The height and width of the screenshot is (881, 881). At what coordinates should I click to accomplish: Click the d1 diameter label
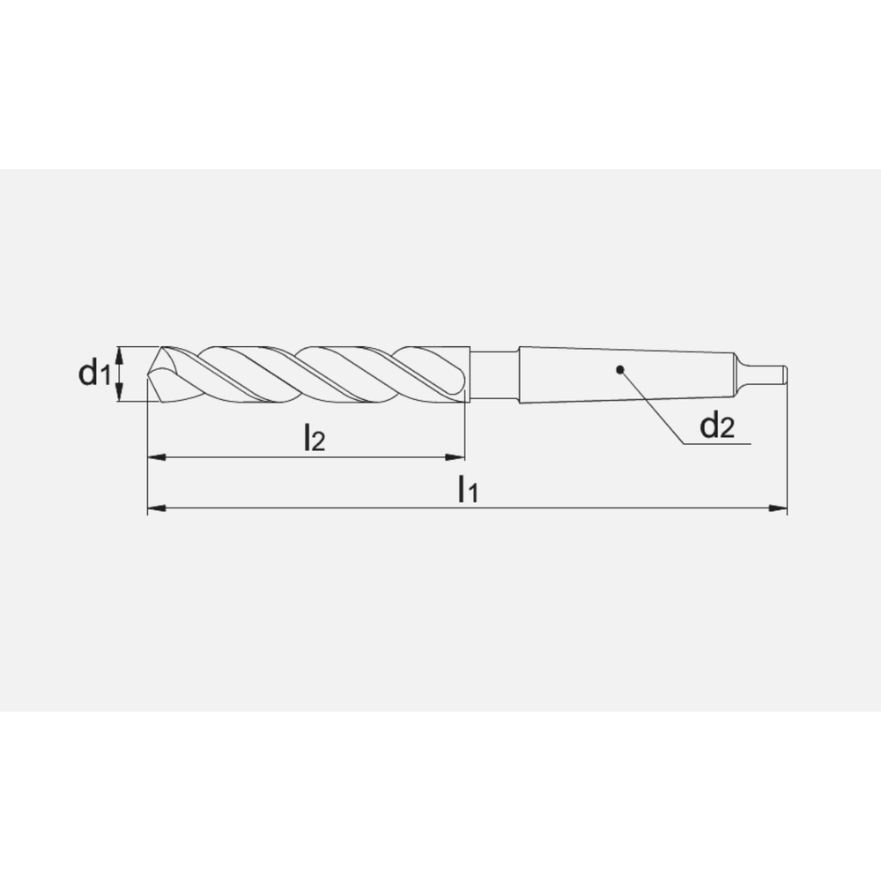(x=93, y=374)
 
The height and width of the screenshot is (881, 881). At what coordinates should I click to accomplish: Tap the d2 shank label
(x=716, y=427)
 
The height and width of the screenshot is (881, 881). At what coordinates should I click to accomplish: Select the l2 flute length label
(x=314, y=438)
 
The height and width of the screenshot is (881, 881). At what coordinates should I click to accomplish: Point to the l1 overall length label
(x=467, y=490)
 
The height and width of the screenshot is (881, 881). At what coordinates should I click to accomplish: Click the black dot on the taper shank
(x=620, y=370)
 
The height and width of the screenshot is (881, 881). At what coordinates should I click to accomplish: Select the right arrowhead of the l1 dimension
(x=779, y=508)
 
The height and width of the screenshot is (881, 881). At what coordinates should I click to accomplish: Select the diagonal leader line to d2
(x=652, y=406)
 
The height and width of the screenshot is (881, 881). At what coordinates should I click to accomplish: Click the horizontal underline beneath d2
(x=718, y=445)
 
